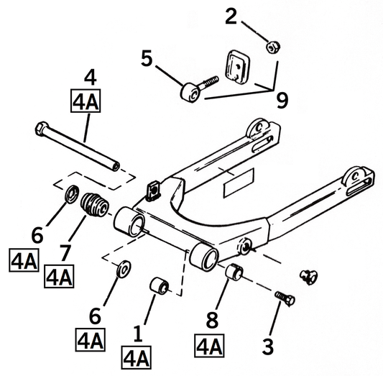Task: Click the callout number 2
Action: tap(231, 16)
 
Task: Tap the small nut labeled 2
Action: tap(272, 48)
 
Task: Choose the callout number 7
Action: tap(66, 252)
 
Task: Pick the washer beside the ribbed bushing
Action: tap(72, 194)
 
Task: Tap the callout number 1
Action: tap(137, 333)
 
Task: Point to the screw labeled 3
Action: tap(282, 298)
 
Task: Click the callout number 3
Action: tap(268, 347)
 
